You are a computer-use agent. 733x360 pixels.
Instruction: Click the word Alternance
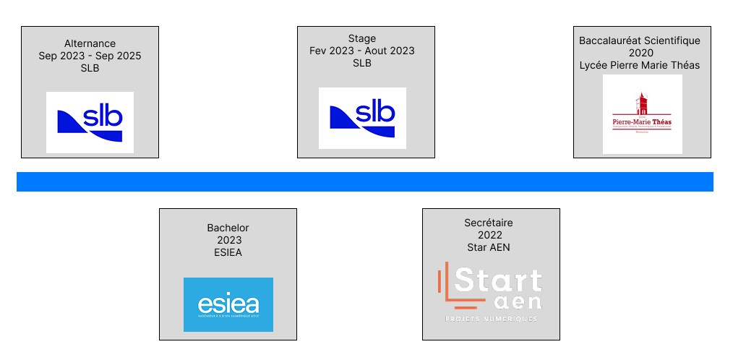point(90,44)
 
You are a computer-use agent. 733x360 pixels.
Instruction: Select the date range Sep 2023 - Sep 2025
point(90,56)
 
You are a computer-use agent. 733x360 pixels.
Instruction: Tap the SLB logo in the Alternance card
point(90,122)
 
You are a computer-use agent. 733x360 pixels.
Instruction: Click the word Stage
point(361,38)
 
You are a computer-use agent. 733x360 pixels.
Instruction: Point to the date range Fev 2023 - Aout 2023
point(361,51)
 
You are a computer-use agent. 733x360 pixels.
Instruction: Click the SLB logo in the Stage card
point(362,118)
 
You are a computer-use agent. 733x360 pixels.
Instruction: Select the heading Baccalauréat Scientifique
point(640,40)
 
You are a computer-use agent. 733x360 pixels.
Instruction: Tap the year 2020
point(640,53)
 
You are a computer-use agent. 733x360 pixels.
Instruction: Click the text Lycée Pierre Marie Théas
point(640,65)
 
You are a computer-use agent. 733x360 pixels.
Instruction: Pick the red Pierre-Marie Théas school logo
point(642,114)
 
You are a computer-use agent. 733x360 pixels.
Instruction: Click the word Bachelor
point(228,228)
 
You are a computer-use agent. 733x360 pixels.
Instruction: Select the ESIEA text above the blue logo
point(228,252)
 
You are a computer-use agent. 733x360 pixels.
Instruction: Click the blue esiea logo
point(228,304)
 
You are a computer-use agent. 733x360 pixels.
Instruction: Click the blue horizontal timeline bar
point(364,181)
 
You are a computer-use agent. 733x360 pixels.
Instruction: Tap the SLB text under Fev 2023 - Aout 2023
point(361,63)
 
